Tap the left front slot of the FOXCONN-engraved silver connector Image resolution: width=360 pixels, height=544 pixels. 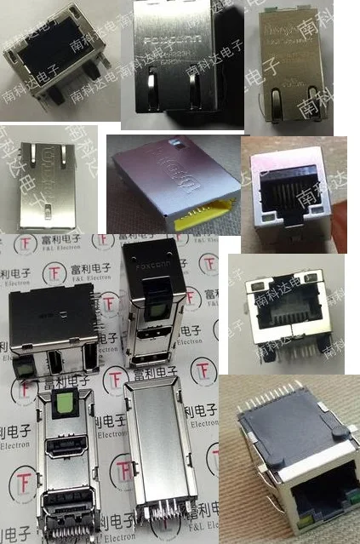151,88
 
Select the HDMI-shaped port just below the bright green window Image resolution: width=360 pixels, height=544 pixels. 66,449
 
